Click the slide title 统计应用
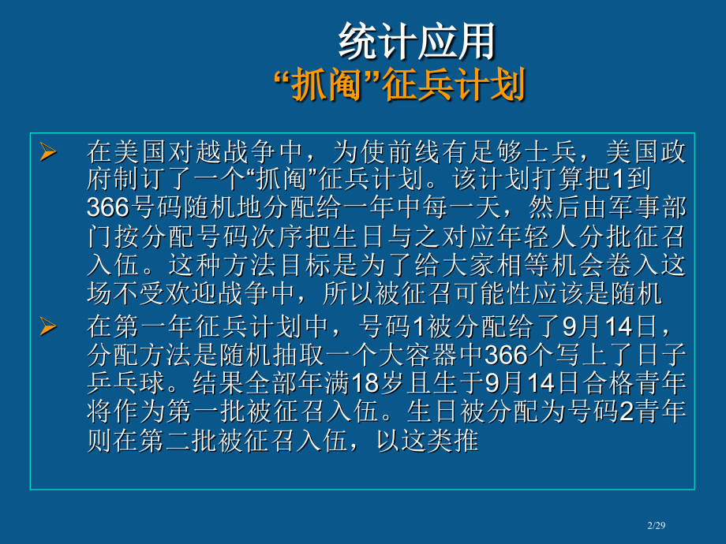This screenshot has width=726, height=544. pos(417,41)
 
